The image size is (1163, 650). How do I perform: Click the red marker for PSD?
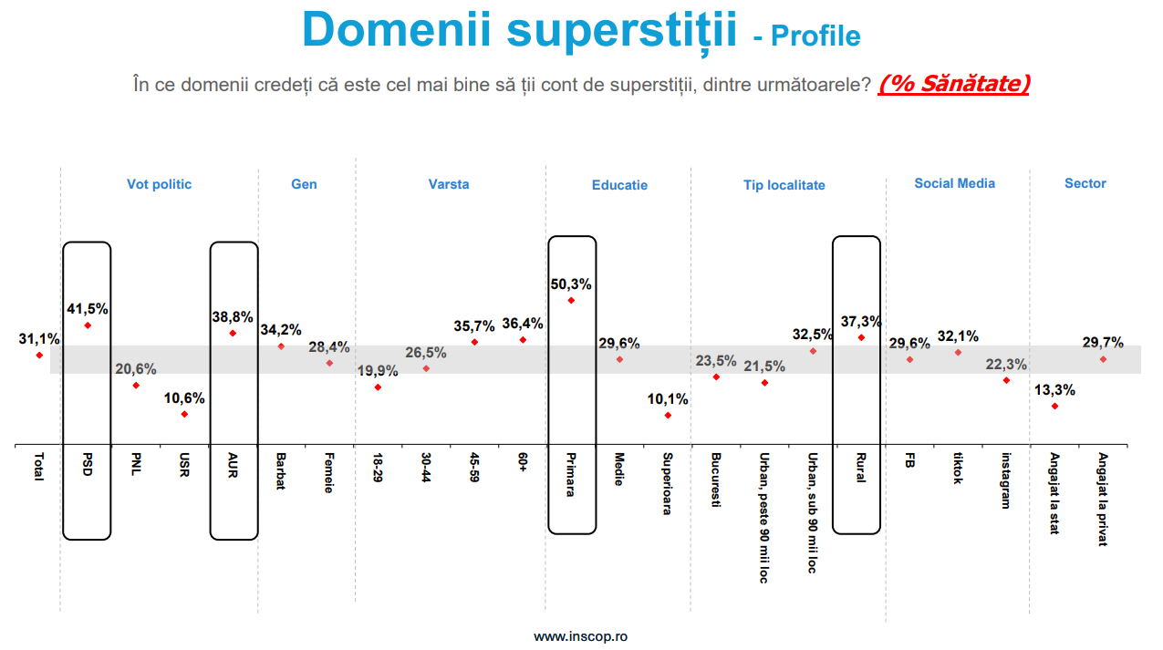(88, 325)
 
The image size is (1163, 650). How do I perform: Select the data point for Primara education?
(571, 300)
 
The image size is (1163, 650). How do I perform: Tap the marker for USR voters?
(184, 414)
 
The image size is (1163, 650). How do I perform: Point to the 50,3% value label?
(571, 284)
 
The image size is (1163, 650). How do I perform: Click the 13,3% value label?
(1054, 390)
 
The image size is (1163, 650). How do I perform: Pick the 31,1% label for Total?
(39, 339)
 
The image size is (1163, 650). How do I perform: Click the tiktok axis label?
(957, 468)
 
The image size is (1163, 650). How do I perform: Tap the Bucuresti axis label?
(715, 480)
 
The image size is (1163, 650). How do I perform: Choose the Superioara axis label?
(667, 483)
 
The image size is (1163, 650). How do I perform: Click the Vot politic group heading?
(160, 184)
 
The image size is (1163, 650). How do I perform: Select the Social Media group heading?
(955, 183)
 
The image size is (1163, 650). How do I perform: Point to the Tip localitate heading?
(784, 185)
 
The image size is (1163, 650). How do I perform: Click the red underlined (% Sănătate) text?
(954, 84)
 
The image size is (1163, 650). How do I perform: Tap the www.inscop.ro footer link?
(580, 636)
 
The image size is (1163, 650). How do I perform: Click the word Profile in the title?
(815, 36)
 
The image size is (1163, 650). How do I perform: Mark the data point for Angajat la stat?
(1054, 406)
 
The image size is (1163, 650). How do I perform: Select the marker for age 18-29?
(378, 387)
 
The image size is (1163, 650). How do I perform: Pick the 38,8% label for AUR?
(232, 318)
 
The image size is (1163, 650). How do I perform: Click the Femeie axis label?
(328, 473)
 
